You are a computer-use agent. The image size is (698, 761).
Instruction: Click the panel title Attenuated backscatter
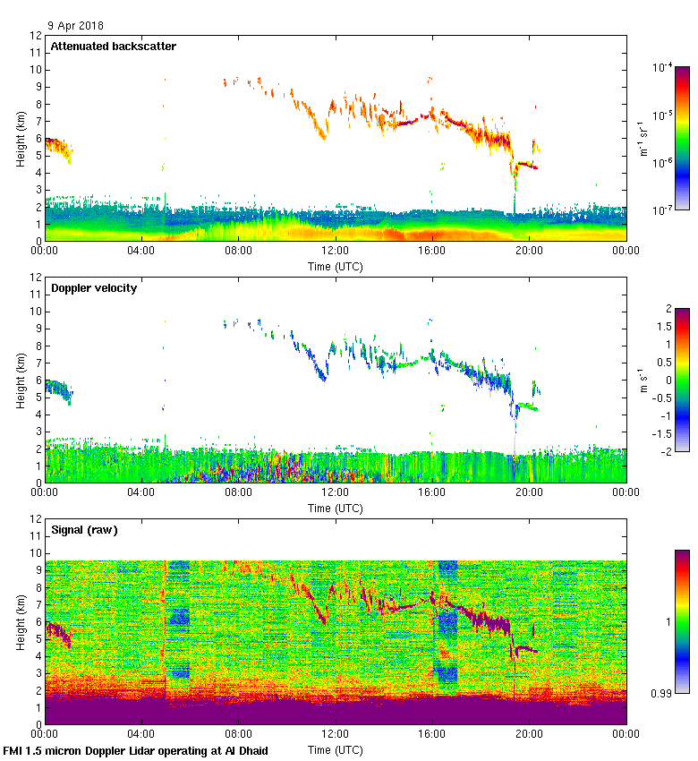coord(113,47)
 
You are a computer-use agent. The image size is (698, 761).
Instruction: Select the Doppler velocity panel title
coord(94,288)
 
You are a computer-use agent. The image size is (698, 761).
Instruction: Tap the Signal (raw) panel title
coord(84,530)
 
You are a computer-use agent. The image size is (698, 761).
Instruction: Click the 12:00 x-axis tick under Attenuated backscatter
coord(336,252)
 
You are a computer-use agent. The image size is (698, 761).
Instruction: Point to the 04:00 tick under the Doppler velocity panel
coord(141,493)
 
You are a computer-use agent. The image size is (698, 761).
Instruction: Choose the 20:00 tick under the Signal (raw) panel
coord(529,735)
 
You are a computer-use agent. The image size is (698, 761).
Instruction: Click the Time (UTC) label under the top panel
coord(336,266)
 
